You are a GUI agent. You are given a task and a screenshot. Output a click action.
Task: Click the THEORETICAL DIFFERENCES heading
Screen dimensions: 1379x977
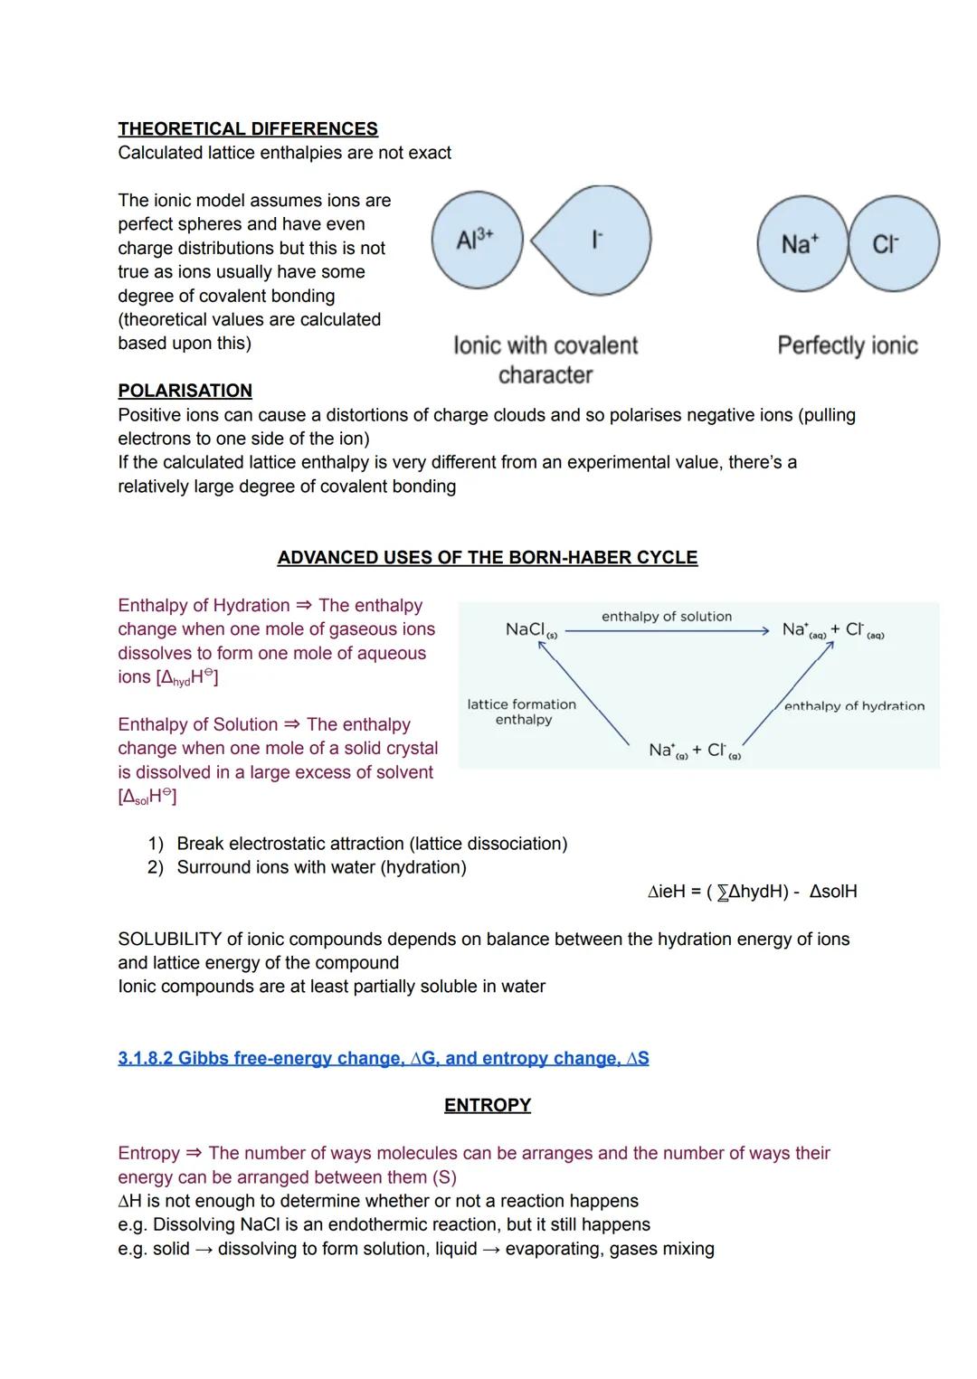tap(248, 129)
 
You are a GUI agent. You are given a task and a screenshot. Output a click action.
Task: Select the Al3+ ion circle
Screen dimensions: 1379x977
tap(477, 241)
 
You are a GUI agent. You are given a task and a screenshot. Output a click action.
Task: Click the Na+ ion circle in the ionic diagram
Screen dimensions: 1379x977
tap(802, 244)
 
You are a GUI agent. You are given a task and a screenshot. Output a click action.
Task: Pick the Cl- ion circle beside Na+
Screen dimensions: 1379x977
tap(895, 244)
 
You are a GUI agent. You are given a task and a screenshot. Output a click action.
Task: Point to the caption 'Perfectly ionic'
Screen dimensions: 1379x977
tap(847, 345)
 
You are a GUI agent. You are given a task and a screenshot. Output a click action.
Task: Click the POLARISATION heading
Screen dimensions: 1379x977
tap(185, 391)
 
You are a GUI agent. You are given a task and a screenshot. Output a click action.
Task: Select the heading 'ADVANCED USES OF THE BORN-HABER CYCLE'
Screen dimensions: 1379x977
tap(487, 557)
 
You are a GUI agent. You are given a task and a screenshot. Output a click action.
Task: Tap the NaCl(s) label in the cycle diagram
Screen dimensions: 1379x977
tap(530, 630)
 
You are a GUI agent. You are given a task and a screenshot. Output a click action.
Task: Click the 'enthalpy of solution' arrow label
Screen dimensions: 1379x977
tap(667, 617)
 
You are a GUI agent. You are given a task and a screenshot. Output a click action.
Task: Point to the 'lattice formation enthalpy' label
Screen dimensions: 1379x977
tap(522, 712)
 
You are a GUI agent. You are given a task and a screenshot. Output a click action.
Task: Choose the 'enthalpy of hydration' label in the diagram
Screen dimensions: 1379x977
tap(854, 706)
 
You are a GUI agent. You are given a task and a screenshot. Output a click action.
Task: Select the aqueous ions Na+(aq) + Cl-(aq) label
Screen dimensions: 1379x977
tap(833, 630)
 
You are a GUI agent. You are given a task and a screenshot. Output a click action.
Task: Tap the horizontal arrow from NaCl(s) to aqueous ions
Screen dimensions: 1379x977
tap(667, 631)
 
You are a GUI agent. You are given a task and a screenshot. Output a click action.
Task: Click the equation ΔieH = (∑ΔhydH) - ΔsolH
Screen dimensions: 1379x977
tap(753, 892)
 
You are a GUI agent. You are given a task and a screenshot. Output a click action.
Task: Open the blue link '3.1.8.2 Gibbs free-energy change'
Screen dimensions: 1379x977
tap(383, 1058)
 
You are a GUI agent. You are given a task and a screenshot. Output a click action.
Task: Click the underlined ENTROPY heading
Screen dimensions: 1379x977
tap(487, 1105)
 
